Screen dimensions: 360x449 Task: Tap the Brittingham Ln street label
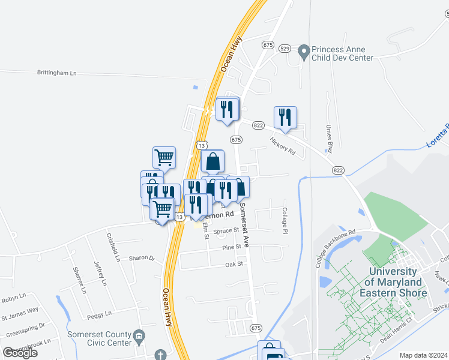point(58,73)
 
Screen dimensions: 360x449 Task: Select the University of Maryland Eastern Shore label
point(397,282)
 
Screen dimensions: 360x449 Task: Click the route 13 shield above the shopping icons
point(202,145)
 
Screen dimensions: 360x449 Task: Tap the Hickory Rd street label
point(283,146)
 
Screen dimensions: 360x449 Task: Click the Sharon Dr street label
point(142,258)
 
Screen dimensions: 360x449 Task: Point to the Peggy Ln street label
point(100,314)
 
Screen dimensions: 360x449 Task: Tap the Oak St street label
point(234,264)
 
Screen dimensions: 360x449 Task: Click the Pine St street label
point(231,247)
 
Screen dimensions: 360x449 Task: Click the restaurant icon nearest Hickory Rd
point(285,117)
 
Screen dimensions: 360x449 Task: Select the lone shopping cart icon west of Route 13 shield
point(164,157)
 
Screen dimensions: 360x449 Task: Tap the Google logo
point(20,353)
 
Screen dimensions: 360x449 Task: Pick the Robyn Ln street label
point(14,296)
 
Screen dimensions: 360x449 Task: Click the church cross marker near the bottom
point(160,355)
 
